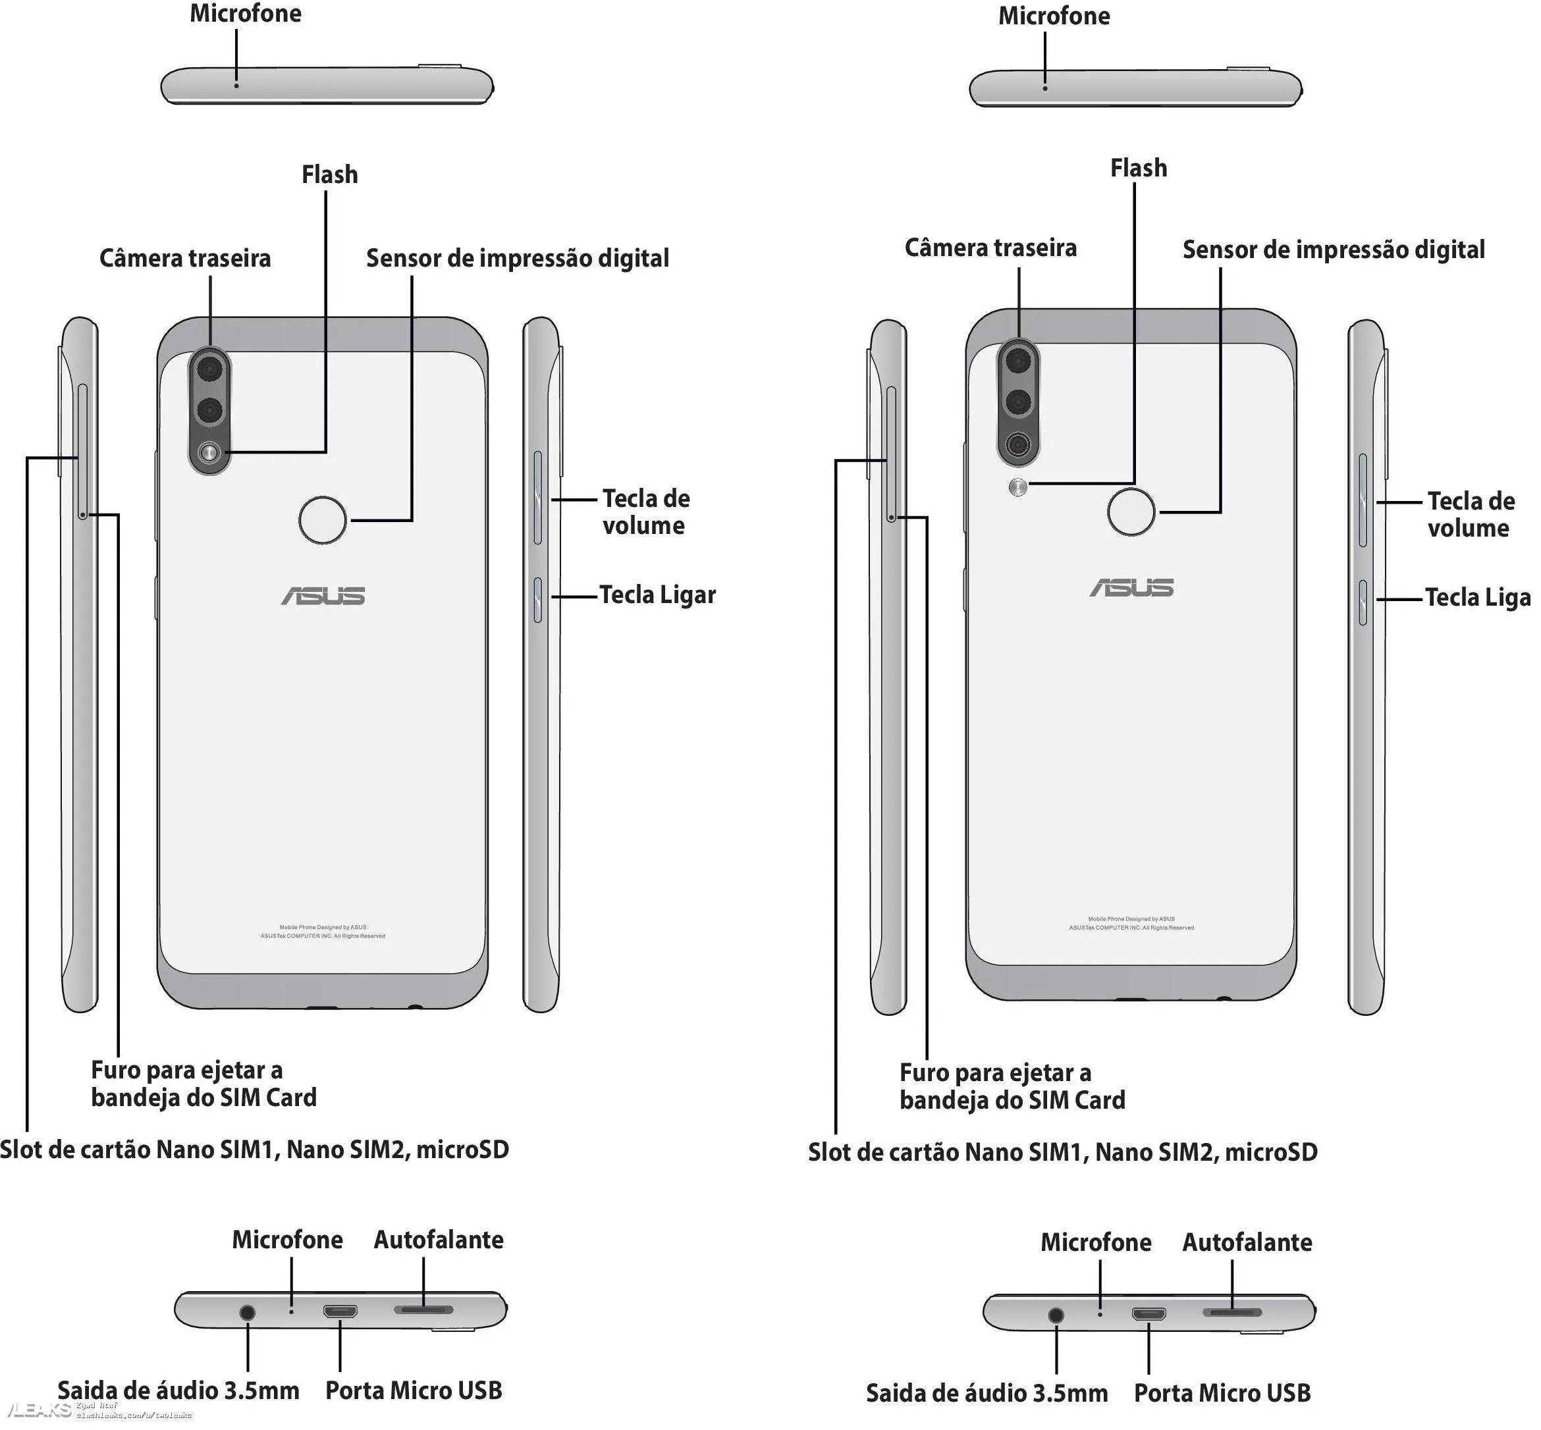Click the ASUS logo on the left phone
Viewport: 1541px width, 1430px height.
point(323,596)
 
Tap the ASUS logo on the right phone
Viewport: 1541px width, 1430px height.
point(1131,588)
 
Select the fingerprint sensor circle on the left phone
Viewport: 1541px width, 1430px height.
point(323,520)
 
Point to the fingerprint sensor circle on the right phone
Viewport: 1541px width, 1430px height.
point(1131,512)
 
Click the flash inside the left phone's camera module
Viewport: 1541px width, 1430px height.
point(209,453)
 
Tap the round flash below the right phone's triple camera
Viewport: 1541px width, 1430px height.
point(1019,487)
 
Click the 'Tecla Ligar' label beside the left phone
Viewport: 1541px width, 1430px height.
point(658,595)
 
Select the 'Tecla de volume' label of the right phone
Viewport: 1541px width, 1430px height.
point(1471,515)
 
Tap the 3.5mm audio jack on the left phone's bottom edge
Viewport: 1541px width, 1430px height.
point(248,1312)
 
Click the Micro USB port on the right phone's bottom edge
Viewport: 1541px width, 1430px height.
point(1149,1314)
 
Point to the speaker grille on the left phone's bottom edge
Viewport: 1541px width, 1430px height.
point(423,1310)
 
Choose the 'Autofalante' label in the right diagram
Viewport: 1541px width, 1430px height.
point(1247,1243)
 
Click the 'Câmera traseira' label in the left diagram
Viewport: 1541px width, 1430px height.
point(185,259)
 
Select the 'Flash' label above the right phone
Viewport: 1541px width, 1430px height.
point(1139,168)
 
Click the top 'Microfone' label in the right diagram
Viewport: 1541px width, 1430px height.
point(1054,16)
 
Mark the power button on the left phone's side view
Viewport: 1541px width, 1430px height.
point(538,599)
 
